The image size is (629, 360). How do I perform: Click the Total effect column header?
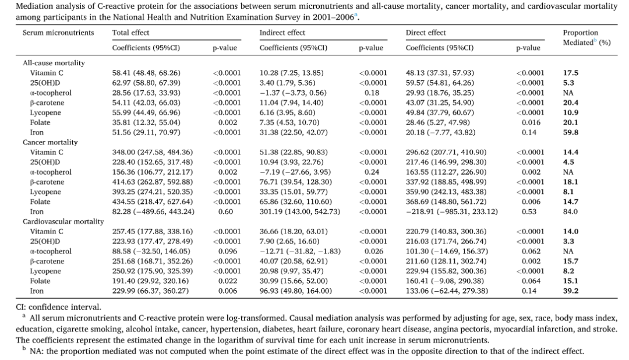click(130, 33)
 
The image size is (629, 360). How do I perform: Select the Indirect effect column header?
click(282, 33)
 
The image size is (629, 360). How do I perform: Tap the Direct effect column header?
click(426, 33)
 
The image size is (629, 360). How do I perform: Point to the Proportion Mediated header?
click(586, 38)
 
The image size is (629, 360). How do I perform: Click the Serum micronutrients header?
click(58, 33)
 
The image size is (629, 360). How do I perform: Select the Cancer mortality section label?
click(50, 143)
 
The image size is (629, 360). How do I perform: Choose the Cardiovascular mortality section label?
click(63, 221)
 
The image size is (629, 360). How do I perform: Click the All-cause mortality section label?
click(54, 63)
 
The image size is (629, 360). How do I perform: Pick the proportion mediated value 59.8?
click(570, 132)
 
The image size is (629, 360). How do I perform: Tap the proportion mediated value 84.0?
click(570, 211)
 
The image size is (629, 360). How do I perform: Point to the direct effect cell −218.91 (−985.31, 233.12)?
click(452, 211)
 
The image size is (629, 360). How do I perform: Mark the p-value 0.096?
click(228, 251)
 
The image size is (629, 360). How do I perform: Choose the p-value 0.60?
click(225, 211)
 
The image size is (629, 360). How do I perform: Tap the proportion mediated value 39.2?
click(570, 291)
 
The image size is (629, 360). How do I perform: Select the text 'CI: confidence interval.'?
click(59, 308)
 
